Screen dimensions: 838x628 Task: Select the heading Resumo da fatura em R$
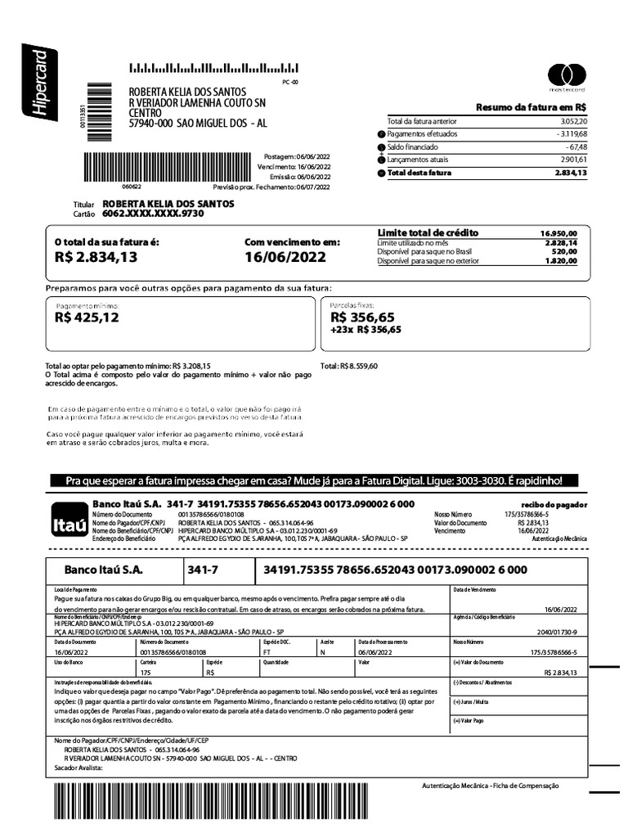point(532,107)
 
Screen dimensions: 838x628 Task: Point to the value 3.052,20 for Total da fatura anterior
point(570,121)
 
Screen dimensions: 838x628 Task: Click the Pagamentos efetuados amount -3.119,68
point(568,133)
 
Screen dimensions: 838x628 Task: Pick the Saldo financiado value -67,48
point(574,146)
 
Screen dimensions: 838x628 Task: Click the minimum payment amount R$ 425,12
point(87,318)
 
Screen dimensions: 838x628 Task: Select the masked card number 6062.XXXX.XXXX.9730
point(153,214)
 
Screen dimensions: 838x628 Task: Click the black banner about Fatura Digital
point(314,480)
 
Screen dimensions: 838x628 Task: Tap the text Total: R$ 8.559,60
point(349,366)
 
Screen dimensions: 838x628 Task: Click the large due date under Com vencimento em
point(285,257)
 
